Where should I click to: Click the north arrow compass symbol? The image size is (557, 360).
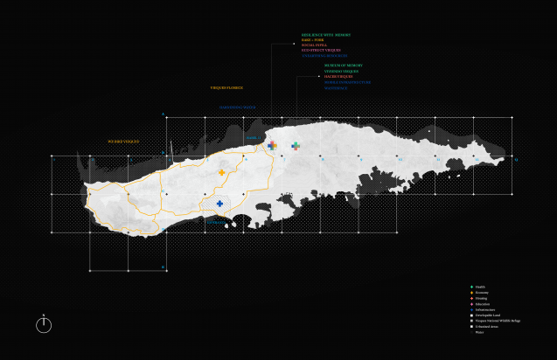(44, 324)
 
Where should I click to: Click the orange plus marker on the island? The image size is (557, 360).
(222, 174)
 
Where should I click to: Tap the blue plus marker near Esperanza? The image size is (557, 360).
(219, 204)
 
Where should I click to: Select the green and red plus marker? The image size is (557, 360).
(296, 146)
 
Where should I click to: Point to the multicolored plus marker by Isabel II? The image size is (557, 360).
(272, 146)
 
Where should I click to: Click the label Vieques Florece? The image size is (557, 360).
(226, 88)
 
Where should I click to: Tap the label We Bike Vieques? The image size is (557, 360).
(123, 140)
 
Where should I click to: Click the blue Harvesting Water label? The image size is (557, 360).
(237, 108)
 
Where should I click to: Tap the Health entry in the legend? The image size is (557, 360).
(482, 286)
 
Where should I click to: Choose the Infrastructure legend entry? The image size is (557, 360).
(486, 309)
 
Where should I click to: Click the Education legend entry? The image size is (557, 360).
(484, 303)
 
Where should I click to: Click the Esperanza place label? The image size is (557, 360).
(215, 222)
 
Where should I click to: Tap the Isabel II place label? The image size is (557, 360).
(252, 138)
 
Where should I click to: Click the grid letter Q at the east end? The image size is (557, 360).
(516, 160)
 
